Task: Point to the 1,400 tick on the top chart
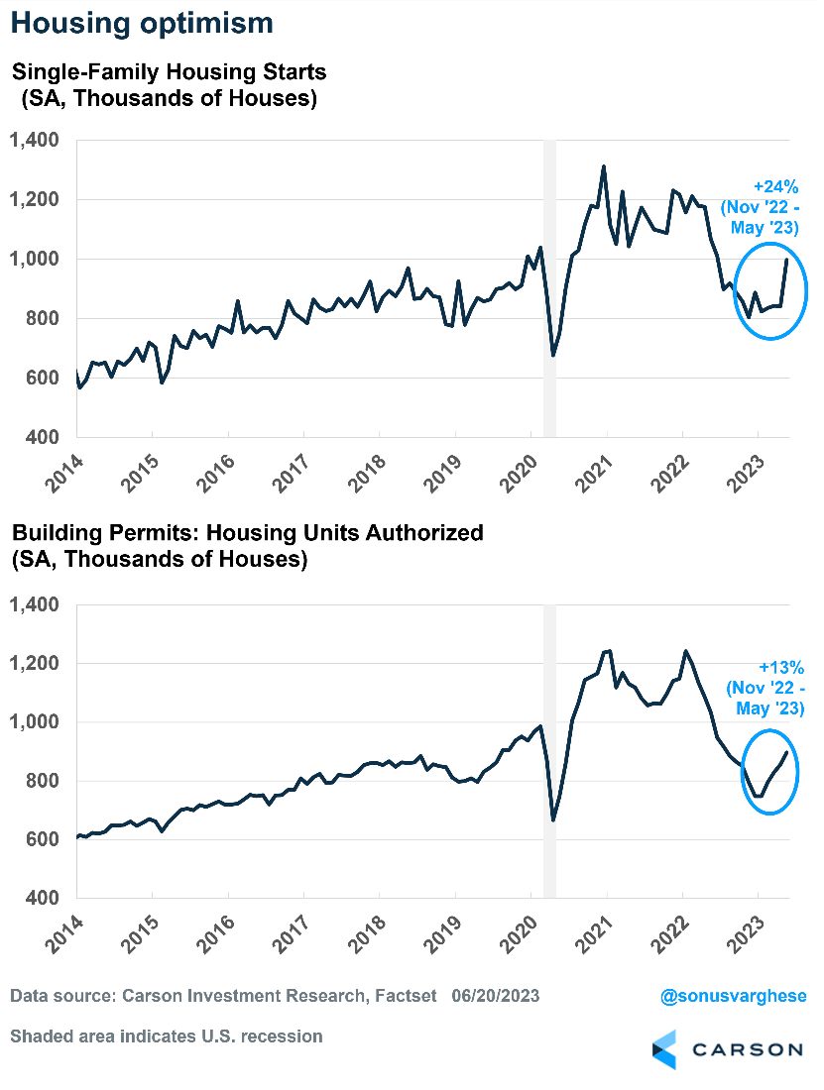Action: pyautogui.click(x=36, y=141)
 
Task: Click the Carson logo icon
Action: pyautogui.click(x=664, y=1049)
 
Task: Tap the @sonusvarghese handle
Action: pyautogui.click(x=733, y=995)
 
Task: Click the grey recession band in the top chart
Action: pyautogui.click(x=549, y=287)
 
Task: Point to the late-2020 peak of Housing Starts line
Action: pyautogui.click(x=604, y=166)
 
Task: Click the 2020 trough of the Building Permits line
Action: pyautogui.click(x=553, y=819)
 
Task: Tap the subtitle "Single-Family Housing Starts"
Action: pyautogui.click(x=169, y=72)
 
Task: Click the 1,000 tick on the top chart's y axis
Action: pyautogui.click(x=36, y=259)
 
